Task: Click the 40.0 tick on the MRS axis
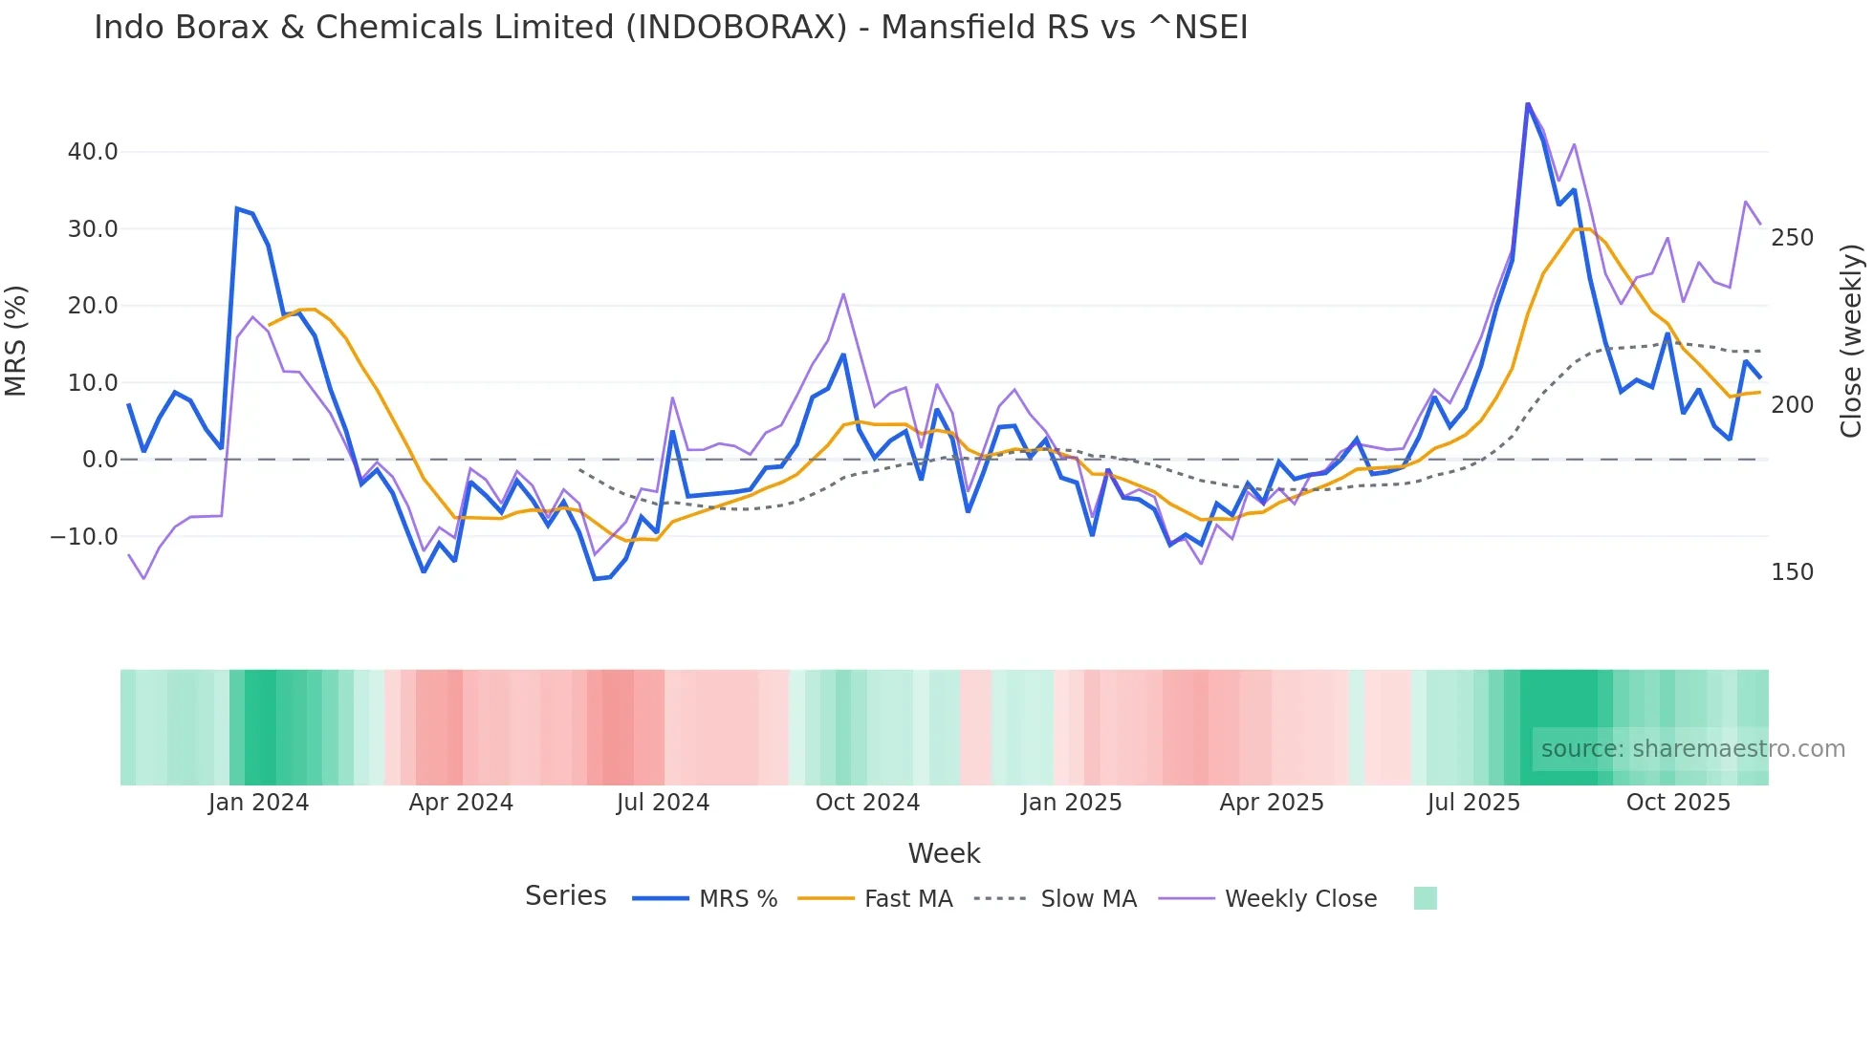(x=93, y=152)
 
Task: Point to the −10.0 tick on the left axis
(x=84, y=537)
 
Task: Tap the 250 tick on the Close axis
(x=1792, y=238)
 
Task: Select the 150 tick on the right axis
(x=1792, y=572)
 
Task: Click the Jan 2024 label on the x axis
(x=258, y=803)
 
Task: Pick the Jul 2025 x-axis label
(x=1473, y=803)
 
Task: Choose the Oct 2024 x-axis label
(x=867, y=803)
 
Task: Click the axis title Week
(x=944, y=853)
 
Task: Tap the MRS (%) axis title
(x=16, y=341)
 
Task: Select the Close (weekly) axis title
(x=1851, y=341)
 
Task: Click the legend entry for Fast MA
(x=907, y=899)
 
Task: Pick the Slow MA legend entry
(x=1088, y=899)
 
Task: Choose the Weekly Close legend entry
(x=1300, y=899)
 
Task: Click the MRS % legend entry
(x=737, y=899)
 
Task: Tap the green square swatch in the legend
(x=1425, y=898)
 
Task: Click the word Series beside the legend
(x=565, y=896)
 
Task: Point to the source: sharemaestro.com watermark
(x=1692, y=749)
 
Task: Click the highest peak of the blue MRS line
(x=1528, y=103)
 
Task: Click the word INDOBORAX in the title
(x=736, y=28)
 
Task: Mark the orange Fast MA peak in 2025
(x=1580, y=228)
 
